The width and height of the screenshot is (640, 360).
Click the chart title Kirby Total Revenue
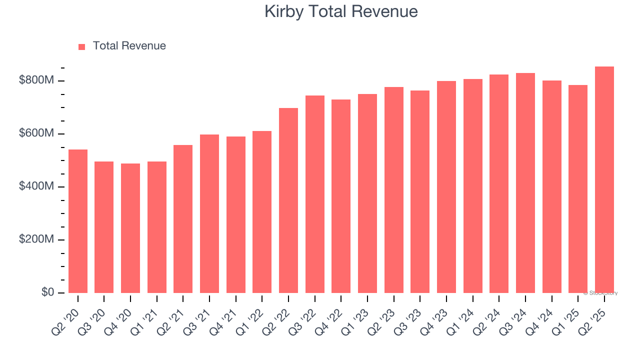[341, 11]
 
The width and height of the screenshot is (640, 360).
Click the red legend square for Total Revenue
[82, 46]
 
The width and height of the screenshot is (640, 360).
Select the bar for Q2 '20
[78, 221]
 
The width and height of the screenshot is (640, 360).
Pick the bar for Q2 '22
[288, 200]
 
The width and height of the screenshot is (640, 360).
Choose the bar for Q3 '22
[315, 194]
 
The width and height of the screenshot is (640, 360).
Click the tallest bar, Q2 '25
[604, 180]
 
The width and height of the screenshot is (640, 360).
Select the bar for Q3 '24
[525, 183]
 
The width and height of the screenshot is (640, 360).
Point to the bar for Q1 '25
[578, 189]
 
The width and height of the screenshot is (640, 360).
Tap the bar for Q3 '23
[420, 191]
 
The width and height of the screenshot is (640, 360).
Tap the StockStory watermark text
[600, 293]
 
